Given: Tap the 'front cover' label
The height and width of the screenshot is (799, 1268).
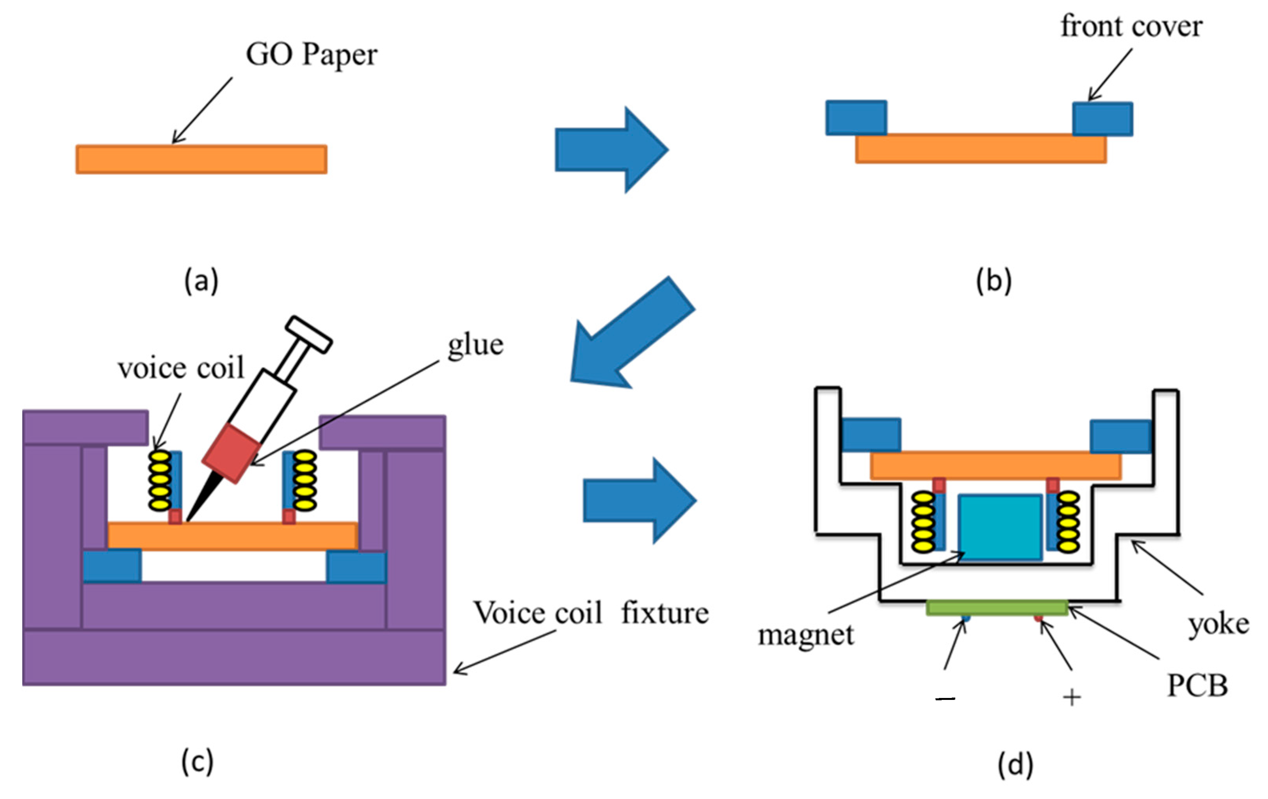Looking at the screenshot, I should click(1131, 26).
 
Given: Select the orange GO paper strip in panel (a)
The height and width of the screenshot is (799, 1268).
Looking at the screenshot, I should click(201, 159).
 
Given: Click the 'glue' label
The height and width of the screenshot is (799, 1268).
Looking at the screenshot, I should click(475, 345).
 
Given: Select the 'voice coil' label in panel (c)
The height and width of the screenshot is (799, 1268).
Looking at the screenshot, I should click(181, 368).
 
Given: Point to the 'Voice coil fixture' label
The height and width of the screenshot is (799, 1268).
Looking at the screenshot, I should click(591, 613).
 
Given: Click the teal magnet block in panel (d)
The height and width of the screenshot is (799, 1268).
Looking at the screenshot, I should click(999, 527).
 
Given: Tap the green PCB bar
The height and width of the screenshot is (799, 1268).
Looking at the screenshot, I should click(997, 608).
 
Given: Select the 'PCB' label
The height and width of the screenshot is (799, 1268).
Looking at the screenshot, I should click(1197, 685).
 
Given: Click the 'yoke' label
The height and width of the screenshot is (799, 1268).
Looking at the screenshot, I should click(1218, 624).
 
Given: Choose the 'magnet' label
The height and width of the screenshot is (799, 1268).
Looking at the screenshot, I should click(806, 635).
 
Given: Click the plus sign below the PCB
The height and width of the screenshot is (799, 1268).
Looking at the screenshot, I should click(1072, 698).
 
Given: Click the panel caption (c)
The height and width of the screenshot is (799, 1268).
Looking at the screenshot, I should click(198, 761).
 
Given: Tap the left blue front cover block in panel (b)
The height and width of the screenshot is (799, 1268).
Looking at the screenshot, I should click(856, 118).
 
